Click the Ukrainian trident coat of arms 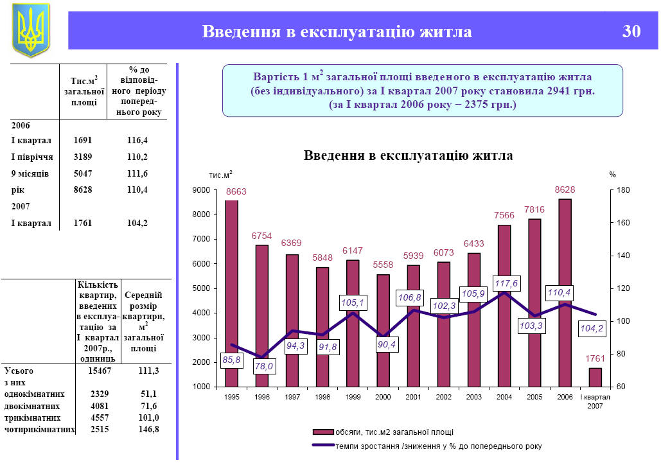[30, 30]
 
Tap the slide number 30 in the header [631, 31]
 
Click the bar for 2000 [383, 331]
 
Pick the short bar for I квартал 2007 [595, 378]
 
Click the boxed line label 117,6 [506, 283]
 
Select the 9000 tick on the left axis [202, 190]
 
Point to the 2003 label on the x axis [473, 398]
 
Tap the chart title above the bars [408, 155]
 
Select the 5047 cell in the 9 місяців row [84, 173]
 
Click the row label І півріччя [31, 157]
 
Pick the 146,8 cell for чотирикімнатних [148, 429]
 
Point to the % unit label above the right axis [612, 174]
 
